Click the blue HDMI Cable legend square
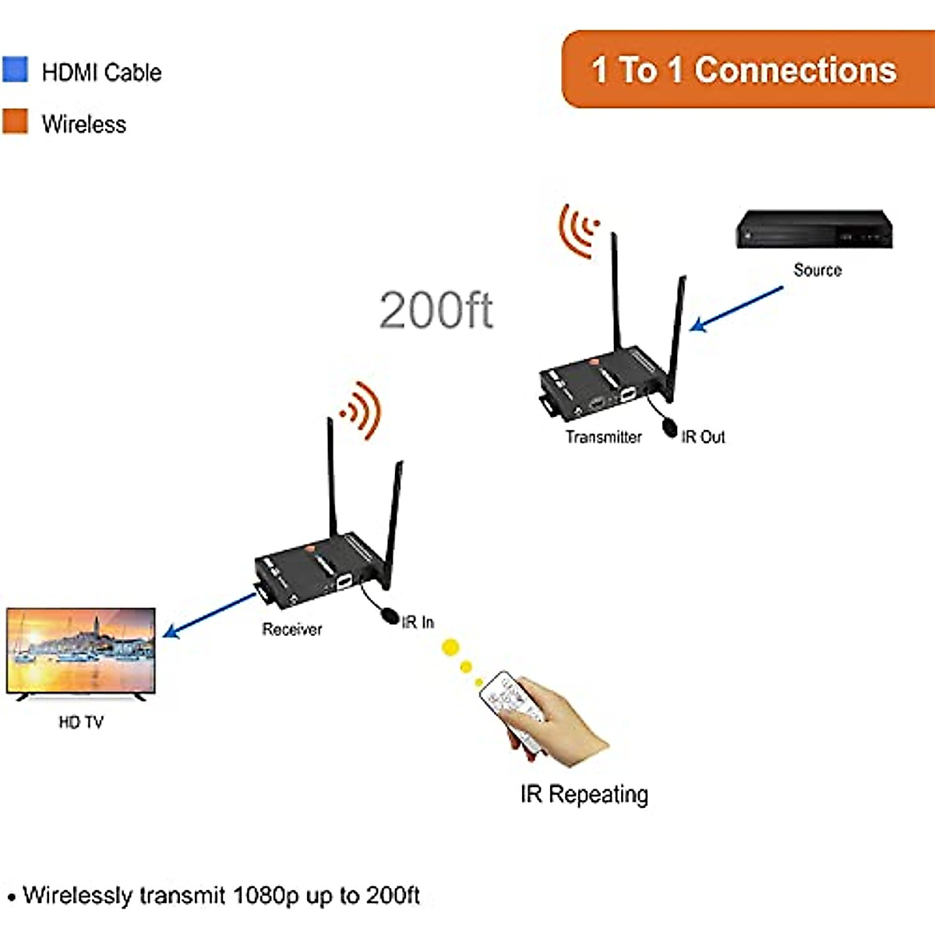coord(15,69)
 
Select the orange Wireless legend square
coord(15,122)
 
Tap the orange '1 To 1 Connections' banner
coord(744,69)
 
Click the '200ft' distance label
coord(436,310)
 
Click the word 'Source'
coord(817,270)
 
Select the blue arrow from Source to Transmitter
coord(736,309)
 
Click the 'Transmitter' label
coord(603,437)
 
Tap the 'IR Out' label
coord(703,437)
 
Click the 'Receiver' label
coord(291,630)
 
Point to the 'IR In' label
coord(418,622)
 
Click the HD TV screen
coord(81,650)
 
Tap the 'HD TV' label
coord(81,722)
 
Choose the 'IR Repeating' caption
coord(584,794)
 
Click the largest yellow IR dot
coord(450,647)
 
